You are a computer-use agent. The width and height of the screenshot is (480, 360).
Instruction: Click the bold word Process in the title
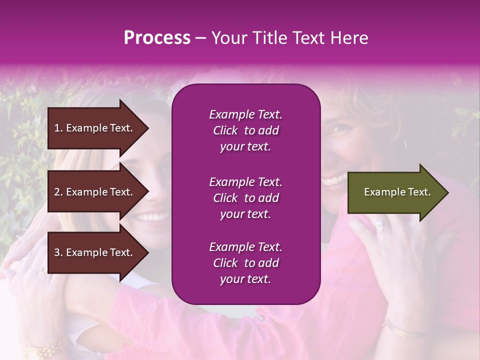point(157,38)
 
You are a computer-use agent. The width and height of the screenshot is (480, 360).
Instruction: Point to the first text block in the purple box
point(245,130)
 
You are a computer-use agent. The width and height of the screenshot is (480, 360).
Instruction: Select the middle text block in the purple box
point(245,198)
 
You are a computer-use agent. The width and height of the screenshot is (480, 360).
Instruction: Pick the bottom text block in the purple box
point(245,263)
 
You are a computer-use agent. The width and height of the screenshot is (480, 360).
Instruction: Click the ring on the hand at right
point(378,225)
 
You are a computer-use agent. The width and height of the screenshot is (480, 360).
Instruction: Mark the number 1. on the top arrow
point(58,128)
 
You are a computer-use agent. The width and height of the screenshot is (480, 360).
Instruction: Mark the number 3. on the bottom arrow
point(58,252)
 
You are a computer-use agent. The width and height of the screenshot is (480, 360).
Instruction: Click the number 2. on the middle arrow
point(58,192)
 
